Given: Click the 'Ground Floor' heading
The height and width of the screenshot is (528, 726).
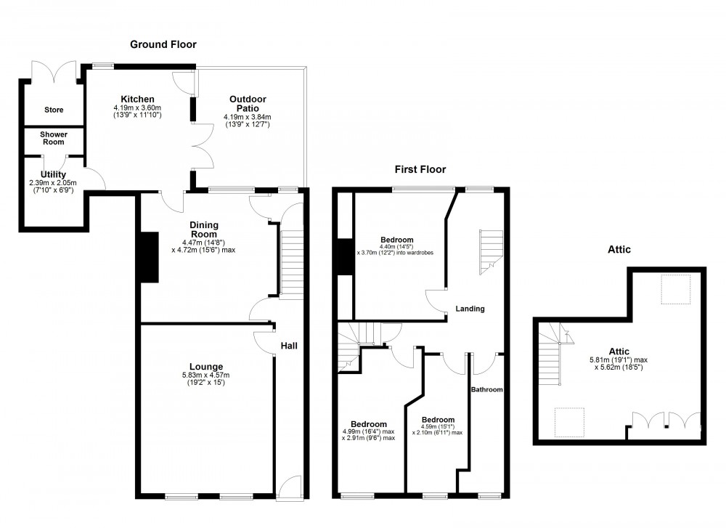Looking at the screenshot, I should point(163,44).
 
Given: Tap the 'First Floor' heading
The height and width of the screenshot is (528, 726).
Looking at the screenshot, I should point(420,169).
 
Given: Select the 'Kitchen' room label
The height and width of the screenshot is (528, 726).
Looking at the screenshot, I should point(137,99).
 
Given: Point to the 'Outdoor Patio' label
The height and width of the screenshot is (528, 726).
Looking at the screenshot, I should point(248,104).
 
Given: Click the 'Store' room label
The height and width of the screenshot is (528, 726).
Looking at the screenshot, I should point(54,110).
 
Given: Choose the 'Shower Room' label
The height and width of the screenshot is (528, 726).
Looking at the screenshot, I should point(53,138).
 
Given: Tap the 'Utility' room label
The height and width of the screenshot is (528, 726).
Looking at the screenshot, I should point(54,174).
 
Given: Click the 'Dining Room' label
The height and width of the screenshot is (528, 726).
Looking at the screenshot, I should point(204,230).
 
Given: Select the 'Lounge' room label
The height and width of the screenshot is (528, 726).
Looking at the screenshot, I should point(206,366).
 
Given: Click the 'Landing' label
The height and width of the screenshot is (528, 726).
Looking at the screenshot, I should point(470,309).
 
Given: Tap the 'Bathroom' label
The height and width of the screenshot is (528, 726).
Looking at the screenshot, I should point(486,390).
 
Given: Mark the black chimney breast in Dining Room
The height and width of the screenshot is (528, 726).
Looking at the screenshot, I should point(149,256).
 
